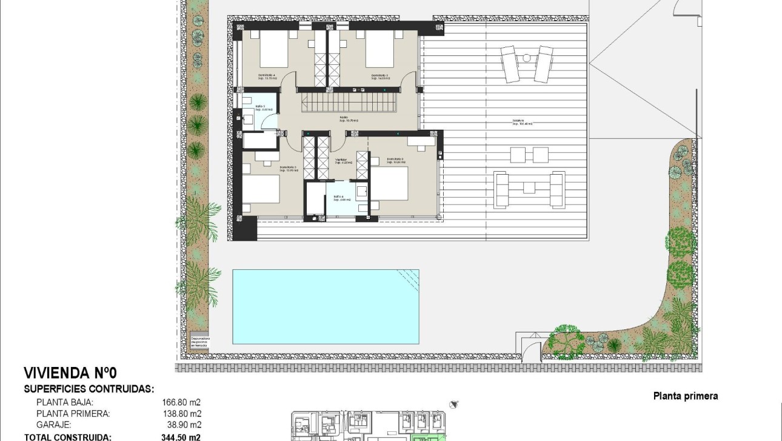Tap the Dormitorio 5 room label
380,77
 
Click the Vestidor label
343,161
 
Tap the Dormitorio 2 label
395,161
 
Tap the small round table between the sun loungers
526,58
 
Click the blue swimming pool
326,306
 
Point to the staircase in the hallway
349,99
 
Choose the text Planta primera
685,396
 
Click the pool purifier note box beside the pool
199,341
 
